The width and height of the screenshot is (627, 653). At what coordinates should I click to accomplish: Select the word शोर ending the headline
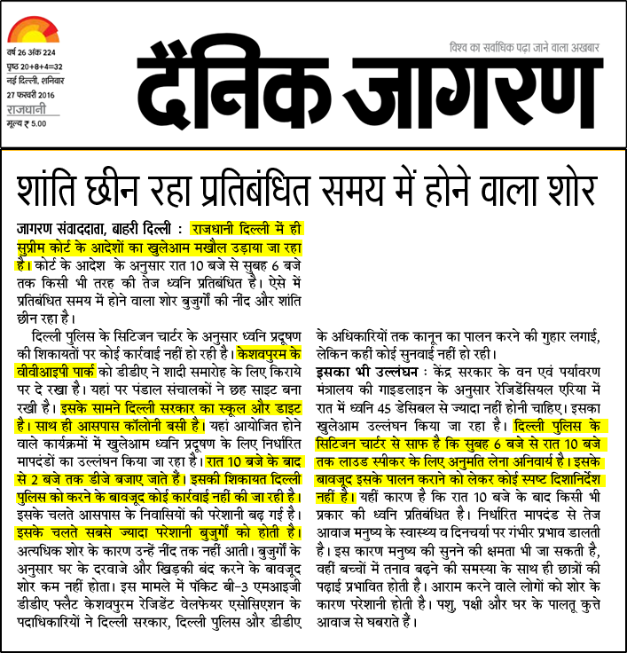[x=564, y=187]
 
